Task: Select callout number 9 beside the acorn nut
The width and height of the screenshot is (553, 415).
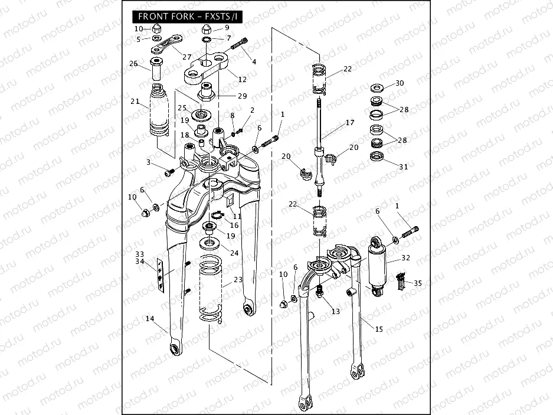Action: coord(227,28)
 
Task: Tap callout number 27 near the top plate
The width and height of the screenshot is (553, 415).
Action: coord(187,57)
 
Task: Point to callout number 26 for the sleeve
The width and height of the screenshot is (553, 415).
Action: coord(133,64)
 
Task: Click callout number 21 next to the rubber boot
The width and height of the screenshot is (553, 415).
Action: coord(135,101)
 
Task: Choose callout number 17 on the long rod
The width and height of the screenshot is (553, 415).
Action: coord(350,123)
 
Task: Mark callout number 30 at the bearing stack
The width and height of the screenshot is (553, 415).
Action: coord(400,83)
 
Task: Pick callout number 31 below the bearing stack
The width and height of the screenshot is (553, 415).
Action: coord(403,167)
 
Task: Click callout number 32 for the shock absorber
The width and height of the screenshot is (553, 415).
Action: coord(405,258)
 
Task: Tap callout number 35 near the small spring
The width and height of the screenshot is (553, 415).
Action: coord(418,283)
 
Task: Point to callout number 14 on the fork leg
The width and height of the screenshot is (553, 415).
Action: coord(150,319)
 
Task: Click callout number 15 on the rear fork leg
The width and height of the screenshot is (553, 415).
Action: coord(379,328)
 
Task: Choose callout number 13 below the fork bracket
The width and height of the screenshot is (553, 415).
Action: coord(336,311)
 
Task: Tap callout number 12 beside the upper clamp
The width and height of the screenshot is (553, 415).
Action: coord(242,79)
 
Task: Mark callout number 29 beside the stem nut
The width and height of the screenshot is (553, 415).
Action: coord(242,96)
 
